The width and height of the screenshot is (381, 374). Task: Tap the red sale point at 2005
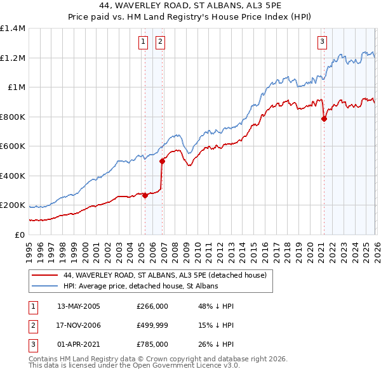145,195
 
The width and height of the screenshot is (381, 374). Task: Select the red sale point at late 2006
162,161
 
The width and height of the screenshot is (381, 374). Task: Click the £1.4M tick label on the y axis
13,29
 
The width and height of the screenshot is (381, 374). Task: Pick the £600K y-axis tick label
13,146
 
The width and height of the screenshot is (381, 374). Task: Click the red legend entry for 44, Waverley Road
168,275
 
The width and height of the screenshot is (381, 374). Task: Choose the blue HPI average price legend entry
140,286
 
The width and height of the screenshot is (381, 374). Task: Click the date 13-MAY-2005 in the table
79,306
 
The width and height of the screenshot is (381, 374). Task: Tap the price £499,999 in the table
152,325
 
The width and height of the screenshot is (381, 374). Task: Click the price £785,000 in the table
152,344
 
